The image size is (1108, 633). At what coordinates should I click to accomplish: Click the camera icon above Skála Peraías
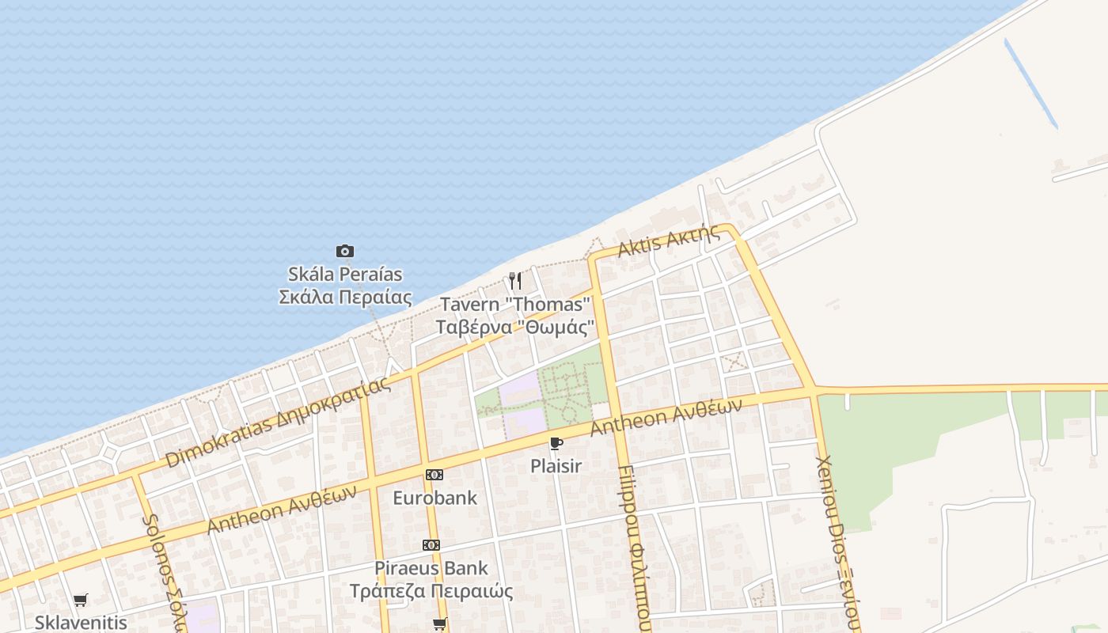click(x=345, y=252)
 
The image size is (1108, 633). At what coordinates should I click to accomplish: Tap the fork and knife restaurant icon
click(x=515, y=281)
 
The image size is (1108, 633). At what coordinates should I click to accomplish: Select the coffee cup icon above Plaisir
click(x=556, y=443)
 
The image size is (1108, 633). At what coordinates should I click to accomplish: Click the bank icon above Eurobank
click(x=434, y=475)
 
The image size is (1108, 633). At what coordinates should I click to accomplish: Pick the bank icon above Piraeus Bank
click(x=431, y=545)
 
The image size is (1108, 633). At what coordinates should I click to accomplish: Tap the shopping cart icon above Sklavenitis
click(x=80, y=601)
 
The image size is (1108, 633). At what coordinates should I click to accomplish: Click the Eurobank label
click(x=435, y=498)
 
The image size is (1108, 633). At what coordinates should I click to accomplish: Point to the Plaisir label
click(x=556, y=466)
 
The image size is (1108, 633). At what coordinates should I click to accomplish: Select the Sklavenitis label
click(x=80, y=623)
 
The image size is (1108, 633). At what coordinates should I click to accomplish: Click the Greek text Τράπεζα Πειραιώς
click(x=432, y=591)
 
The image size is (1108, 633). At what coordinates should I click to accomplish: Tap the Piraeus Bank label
click(x=431, y=568)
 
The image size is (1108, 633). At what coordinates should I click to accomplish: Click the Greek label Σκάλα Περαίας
click(x=346, y=298)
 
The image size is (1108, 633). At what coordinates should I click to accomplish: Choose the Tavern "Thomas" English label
click(x=515, y=304)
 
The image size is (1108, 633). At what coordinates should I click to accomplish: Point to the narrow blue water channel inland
click(x=1030, y=84)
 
